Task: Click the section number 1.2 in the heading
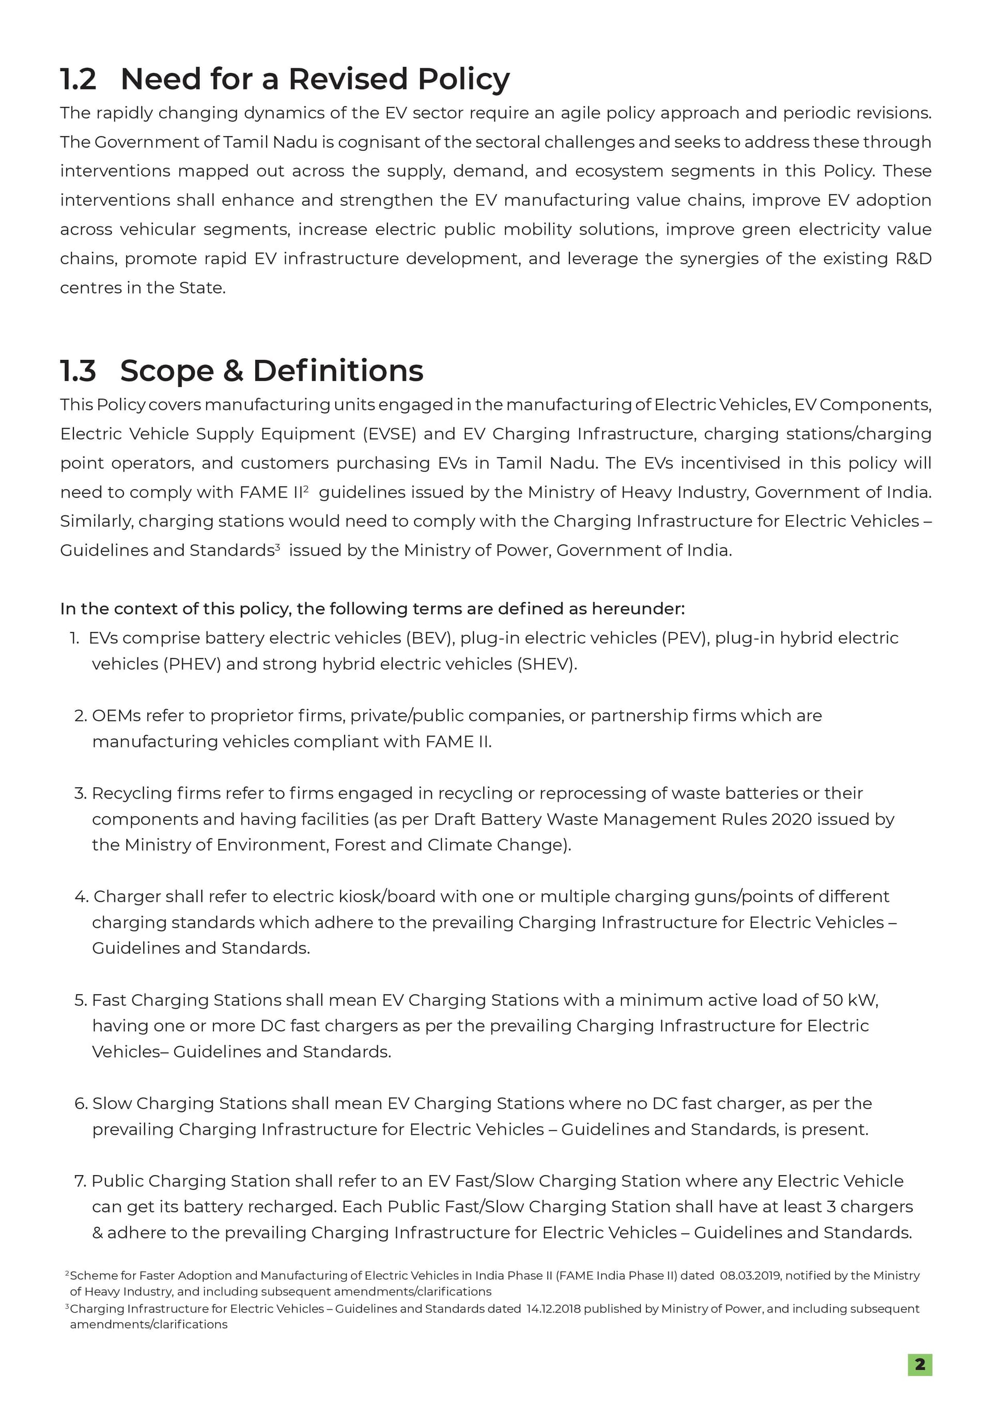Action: [78, 80]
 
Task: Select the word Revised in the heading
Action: [348, 80]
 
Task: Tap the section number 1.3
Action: [78, 371]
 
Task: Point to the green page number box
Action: [919, 1364]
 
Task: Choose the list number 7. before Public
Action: [81, 1181]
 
